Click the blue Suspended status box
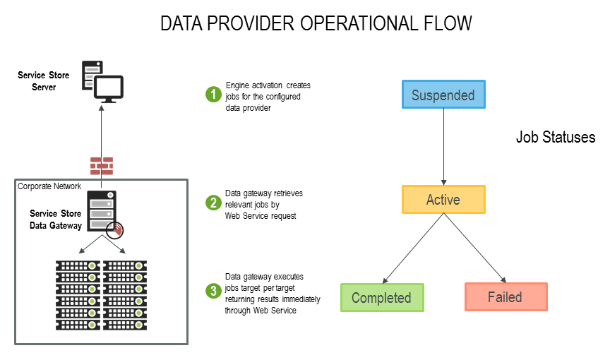click(x=443, y=95)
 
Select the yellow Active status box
click(x=443, y=200)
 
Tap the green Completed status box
click(x=381, y=297)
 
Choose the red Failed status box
click(x=505, y=296)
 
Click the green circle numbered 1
click(x=213, y=94)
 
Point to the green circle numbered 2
click(x=213, y=203)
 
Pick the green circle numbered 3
click(x=213, y=291)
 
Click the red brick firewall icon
click(x=101, y=166)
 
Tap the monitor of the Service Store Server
click(x=109, y=88)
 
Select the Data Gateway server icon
click(x=102, y=210)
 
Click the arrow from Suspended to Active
click(x=443, y=147)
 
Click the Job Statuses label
click(x=555, y=138)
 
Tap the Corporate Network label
click(x=49, y=186)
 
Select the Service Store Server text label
click(x=42, y=81)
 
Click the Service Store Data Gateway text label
click(x=55, y=220)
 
